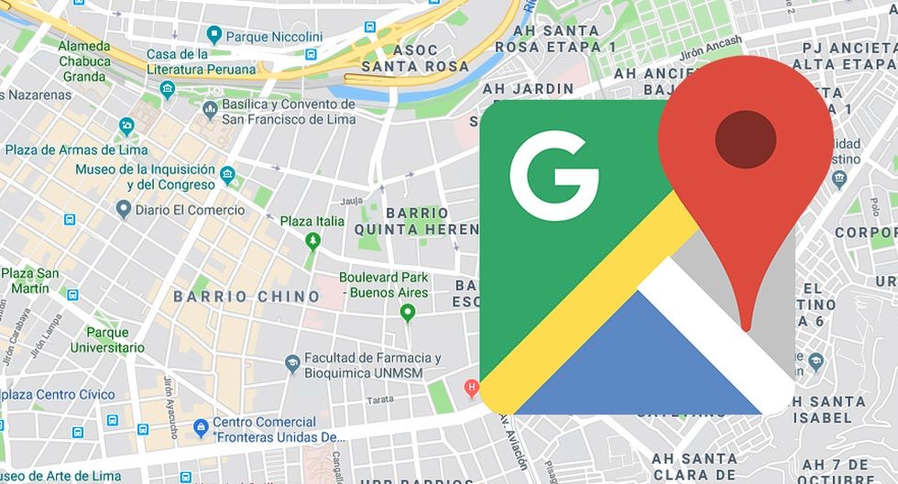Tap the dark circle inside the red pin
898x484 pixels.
[745, 141]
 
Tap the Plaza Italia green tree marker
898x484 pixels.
[312, 240]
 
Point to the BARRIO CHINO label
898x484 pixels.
[247, 297]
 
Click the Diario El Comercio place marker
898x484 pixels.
[123, 210]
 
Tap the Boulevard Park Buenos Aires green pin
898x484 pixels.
[408, 313]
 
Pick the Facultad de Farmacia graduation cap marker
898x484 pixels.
[292, 364]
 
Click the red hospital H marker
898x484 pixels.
[473, 388]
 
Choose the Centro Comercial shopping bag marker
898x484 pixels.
[200, 427]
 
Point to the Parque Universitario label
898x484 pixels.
[115, 340]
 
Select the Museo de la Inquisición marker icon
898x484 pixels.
[227, 171]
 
